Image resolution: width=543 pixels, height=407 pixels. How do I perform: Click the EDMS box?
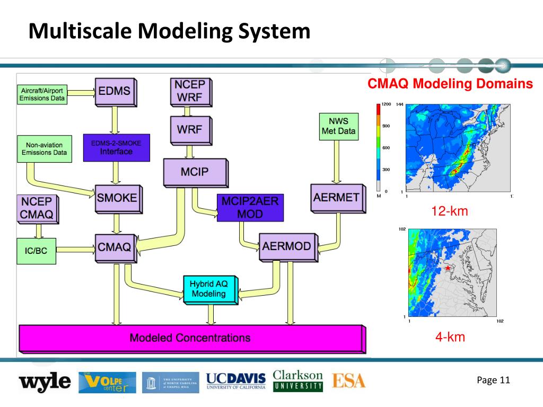[x=115, y=91]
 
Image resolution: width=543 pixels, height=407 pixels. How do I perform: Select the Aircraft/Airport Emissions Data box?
[x=42, y=94]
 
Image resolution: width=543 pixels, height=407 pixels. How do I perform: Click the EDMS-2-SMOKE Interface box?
[x=117, y=147]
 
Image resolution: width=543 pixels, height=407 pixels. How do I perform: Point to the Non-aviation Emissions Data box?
[x=44, y=149]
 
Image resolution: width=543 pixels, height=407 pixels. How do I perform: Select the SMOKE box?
[x=117, y=198]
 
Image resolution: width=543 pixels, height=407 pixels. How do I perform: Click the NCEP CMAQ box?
[x=37, y=209]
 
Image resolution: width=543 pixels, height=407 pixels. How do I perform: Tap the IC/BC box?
[x=36, y=251]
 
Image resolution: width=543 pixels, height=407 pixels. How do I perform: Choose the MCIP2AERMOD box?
[x=250, y=207]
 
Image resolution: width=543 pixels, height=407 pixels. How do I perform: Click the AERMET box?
[x=336, y=197]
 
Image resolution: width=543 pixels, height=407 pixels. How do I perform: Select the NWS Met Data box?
[x=338, y=126]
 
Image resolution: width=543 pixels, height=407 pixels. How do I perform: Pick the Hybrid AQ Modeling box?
[x=208, y=289]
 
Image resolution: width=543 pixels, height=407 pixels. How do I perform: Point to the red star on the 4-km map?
[x=448, y=269]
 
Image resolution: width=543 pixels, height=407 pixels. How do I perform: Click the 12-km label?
[x=450, y=211]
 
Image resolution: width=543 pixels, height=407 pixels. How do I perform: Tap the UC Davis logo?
[x=236, y=381]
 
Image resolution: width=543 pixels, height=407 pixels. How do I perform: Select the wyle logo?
[x=45, y=381]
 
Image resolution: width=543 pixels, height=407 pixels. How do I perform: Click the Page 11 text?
[x=493, y=379]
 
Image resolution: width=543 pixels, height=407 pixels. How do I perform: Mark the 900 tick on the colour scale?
[x=387, y=126]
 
